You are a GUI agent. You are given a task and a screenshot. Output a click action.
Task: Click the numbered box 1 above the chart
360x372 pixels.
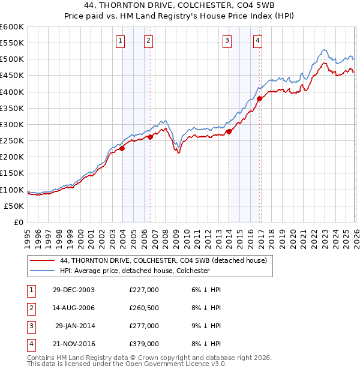coord(121,41)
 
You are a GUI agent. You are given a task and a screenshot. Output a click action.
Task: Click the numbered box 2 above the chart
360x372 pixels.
coord(148,41)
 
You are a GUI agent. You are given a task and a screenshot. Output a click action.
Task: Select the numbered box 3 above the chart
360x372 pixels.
coord(227,41)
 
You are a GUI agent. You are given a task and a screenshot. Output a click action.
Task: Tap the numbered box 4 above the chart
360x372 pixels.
coord(257,41)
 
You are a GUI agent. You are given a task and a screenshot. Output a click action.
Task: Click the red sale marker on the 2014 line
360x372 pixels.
coord(229,132)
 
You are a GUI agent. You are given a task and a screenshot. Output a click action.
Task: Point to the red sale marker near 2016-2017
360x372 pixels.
coord(259,98)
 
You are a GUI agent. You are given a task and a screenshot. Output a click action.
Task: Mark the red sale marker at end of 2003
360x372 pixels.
coord(122,148)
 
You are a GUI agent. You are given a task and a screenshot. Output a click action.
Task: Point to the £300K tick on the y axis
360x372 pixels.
coord(12,124)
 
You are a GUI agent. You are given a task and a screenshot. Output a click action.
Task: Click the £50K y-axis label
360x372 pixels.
coord(14,206)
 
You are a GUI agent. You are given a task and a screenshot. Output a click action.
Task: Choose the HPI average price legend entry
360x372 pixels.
coord(134,271)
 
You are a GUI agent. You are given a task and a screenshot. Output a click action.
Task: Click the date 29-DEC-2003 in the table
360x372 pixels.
coord(74,290)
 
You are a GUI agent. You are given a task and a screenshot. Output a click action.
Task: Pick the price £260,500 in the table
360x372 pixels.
coord(144,308)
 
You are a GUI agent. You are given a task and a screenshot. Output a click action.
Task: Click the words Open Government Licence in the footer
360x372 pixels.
coord(175,364)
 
